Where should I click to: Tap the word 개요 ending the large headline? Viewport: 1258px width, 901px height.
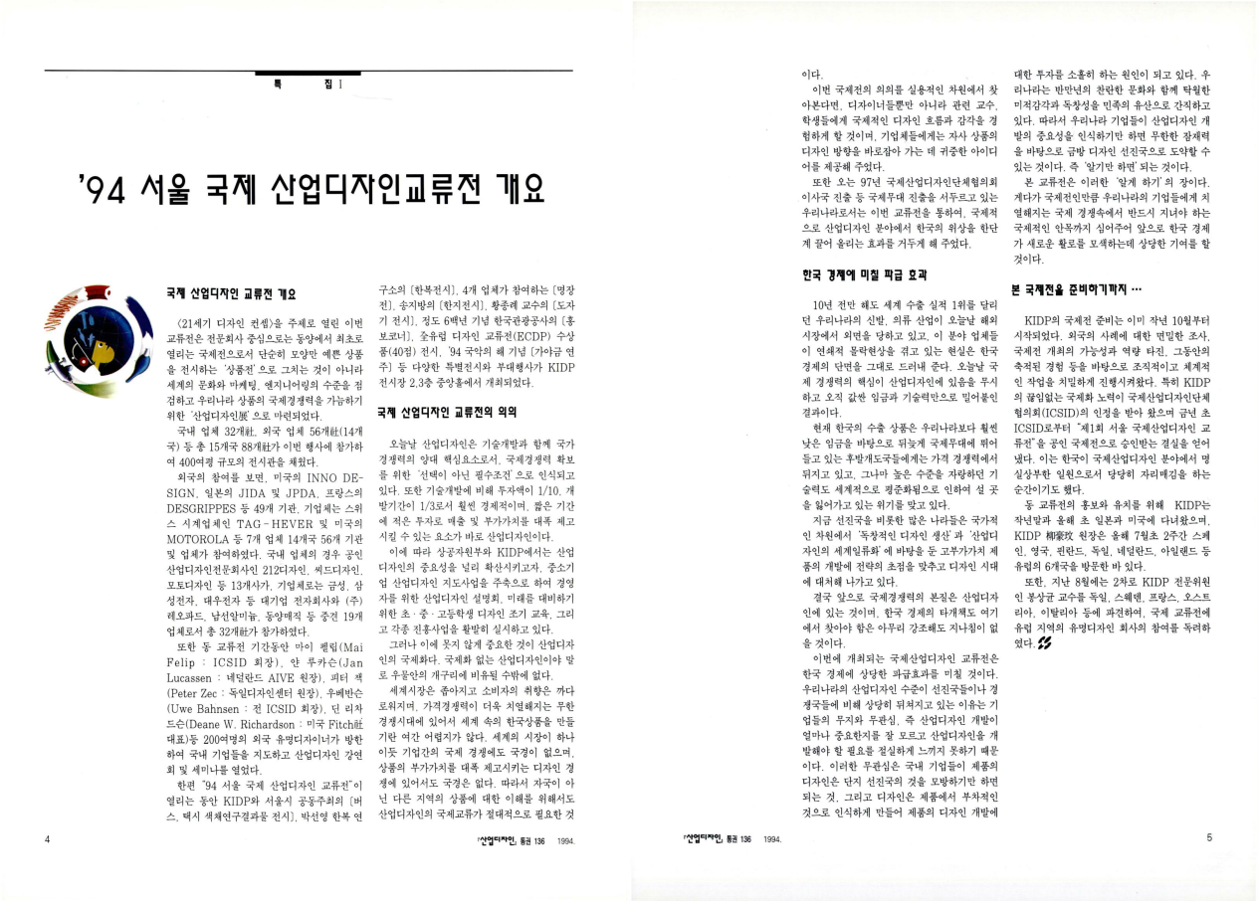[x=511, y=189]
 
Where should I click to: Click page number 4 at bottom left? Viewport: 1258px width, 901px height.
[x=48, y=838]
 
